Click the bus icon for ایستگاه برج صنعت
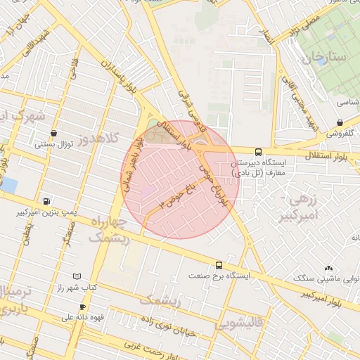(x=220, y=265)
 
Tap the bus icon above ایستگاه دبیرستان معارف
(x=258, y=151)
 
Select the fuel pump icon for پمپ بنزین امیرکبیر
(x=46, y=200)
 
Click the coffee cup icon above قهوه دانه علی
(x=82, y=307)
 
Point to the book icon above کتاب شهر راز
(x=77, y=276)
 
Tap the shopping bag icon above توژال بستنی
(x=54, y=133)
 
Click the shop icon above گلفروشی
(x=340, y=122)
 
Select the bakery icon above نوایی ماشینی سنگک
(x=328, y=269)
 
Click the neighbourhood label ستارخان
(x=324, y=58)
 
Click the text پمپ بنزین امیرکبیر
(x=46, y=212)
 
